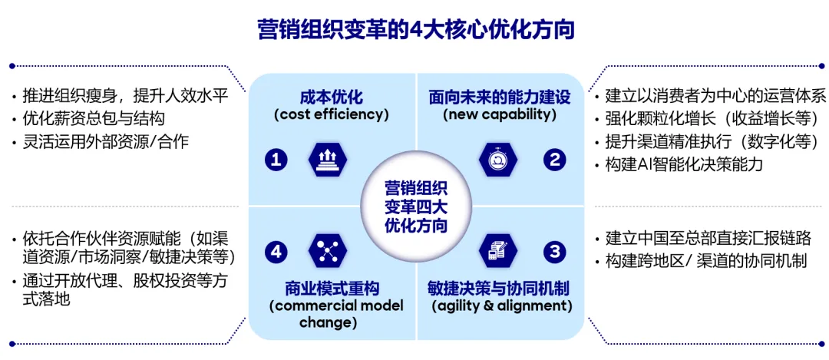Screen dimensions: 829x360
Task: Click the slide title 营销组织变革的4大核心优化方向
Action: click(x=415, y=30)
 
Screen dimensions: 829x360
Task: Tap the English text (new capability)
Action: click(x=500, y=114)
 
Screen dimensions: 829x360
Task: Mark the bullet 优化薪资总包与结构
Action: click(x=94, y=120)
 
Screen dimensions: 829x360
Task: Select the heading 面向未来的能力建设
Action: click(x=500, y=97)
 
